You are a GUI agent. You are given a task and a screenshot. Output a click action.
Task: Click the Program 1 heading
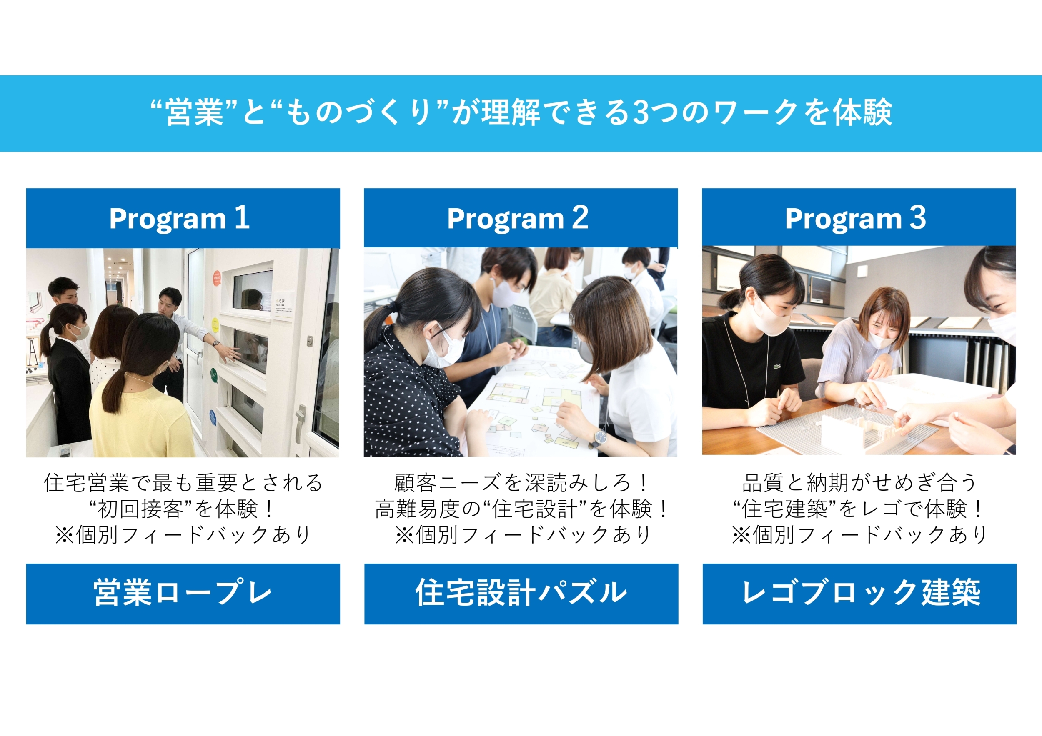tap(179, 218)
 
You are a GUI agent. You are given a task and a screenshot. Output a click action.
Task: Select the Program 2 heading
tap(517, 218)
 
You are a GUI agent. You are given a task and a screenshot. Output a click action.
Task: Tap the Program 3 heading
tap(855, 218)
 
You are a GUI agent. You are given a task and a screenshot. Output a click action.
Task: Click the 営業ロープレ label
tap(183, 593)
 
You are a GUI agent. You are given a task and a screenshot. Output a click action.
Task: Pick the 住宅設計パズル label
tap(521, 593)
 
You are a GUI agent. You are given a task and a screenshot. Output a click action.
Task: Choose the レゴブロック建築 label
tap(860, 593)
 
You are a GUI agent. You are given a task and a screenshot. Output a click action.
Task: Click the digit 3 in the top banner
tap(640, 112)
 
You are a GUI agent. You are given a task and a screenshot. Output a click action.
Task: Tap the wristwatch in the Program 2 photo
tap(600, 437)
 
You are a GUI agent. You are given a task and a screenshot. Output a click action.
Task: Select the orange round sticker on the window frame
tap(216, 277)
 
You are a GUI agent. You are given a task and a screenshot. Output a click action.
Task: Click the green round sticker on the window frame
tap(214, 374)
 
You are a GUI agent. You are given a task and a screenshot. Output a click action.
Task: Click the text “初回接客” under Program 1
tap(141, 508)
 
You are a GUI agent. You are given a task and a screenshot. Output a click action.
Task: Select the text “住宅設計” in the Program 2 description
tap(536, 508)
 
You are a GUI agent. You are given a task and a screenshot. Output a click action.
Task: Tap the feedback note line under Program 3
tap(859, 535)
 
